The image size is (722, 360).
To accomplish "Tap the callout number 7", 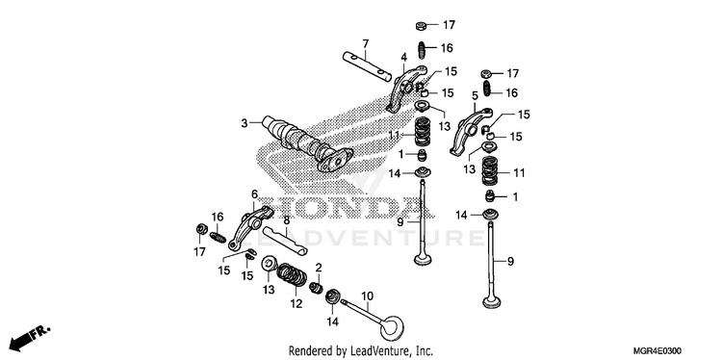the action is pos(365,44).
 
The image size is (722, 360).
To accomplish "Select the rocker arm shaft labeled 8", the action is pos(285,241).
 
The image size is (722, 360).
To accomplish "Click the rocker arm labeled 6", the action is pos(251,226).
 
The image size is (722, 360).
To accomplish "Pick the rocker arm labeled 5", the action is pos(470,131).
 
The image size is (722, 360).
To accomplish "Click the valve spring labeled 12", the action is pos(292,275).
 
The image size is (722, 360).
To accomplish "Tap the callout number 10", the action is pos(367,296).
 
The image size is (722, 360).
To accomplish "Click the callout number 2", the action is pos(319,268).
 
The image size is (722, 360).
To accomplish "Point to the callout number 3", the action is pos(245,123).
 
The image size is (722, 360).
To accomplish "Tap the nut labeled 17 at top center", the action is pos(421,26).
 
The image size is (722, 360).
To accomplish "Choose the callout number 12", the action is pos(297,304).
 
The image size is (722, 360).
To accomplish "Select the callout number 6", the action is pos(254,194).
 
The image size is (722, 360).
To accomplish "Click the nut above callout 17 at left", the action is pos(201,229).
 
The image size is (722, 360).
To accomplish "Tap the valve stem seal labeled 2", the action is pos(317,288).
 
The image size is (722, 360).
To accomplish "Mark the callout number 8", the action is pos(286,220).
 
